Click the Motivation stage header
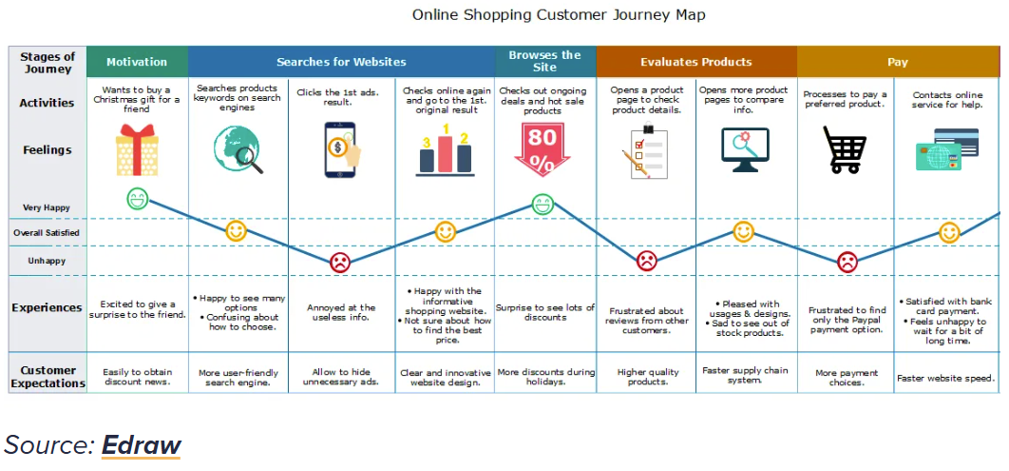click(x=137, y=62)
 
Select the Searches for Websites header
click(x=341, y=62)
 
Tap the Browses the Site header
click(x=544, y=61)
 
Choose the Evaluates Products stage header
click(x=696, y=62)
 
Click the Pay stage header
click(x=897, y=62)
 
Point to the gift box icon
click(x=137, y=150)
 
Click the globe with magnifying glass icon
click(x=238, y=150)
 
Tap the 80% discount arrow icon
click(x=543, y=149)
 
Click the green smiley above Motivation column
click(x=138, y=200)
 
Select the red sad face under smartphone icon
click(x=340, y=263)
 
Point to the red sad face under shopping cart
click(x=847, y=262)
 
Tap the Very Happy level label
click(x=47, y=207)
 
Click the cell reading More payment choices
click(x=846, y=378)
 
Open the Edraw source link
click(x=142, y=444)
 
